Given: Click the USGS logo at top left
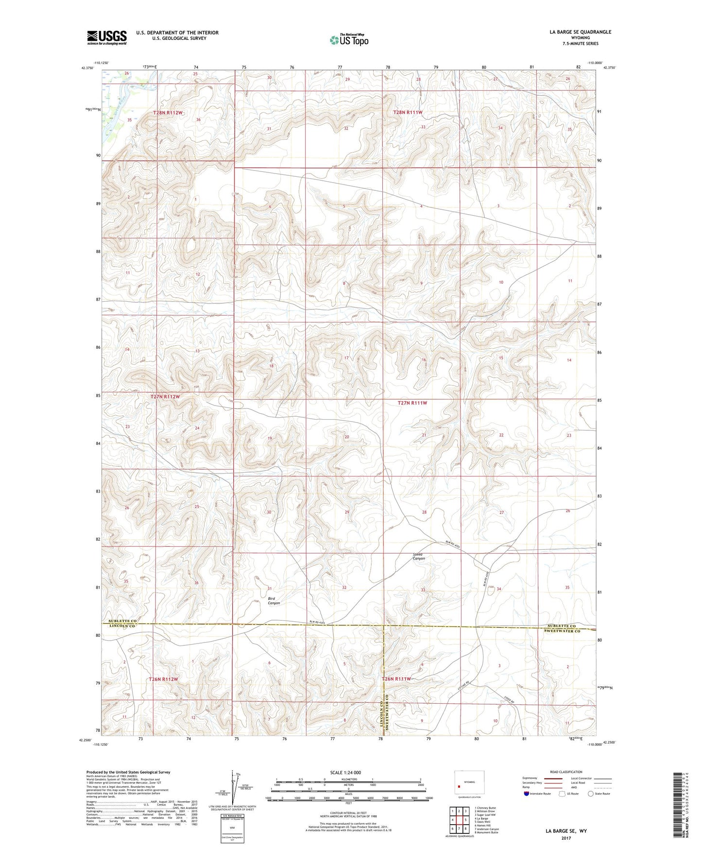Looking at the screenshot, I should click(107, 37).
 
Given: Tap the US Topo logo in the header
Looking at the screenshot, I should click(349, 40).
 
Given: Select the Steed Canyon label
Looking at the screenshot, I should click(418, 556).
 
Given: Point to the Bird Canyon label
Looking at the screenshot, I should click(274, 601).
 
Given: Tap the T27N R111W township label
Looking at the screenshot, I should click(412, 403).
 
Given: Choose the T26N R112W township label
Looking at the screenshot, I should click(164, 679).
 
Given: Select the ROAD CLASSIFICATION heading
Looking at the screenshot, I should click(566, 772).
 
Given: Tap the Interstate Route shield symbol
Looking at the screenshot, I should click(526, 794).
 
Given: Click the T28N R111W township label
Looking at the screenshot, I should click(408, 112).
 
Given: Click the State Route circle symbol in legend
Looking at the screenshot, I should click(591, 794).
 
